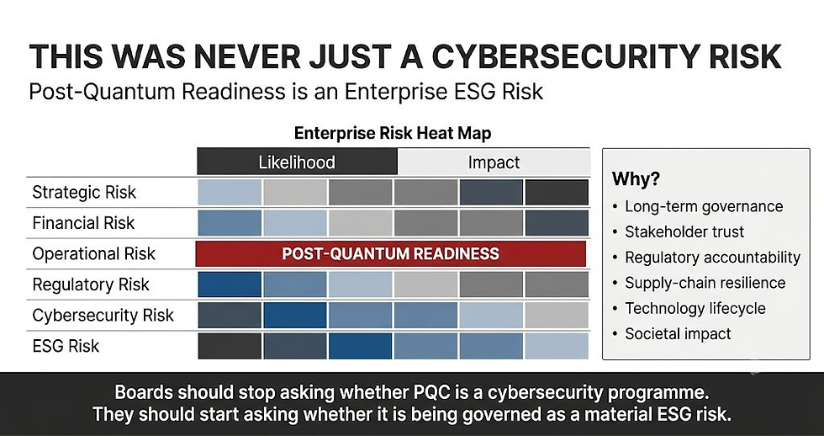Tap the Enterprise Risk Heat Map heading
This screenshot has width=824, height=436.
click(393, 133)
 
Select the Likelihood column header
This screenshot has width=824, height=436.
click(297, 162)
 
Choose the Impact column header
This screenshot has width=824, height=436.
click(494, 162)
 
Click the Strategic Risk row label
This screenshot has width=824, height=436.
click(84, 193)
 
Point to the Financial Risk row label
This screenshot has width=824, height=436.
click(83, 223)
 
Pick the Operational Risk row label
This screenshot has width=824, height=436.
click(93, 254)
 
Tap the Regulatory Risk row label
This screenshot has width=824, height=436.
click(91, 284)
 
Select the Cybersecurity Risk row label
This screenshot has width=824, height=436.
click(103, 316)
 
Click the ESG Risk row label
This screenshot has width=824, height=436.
click(66, 346)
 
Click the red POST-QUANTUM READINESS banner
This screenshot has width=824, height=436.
click(390, 254)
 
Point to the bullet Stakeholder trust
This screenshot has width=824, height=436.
click(684, 232)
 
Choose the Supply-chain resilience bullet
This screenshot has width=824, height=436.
click(705, 283)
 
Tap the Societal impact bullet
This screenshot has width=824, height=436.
click(678, 334)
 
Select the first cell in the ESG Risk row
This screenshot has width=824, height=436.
click(230, 346)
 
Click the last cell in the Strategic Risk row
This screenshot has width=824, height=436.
click(557, 193)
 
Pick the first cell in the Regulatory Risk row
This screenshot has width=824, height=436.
click(230, 284)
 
